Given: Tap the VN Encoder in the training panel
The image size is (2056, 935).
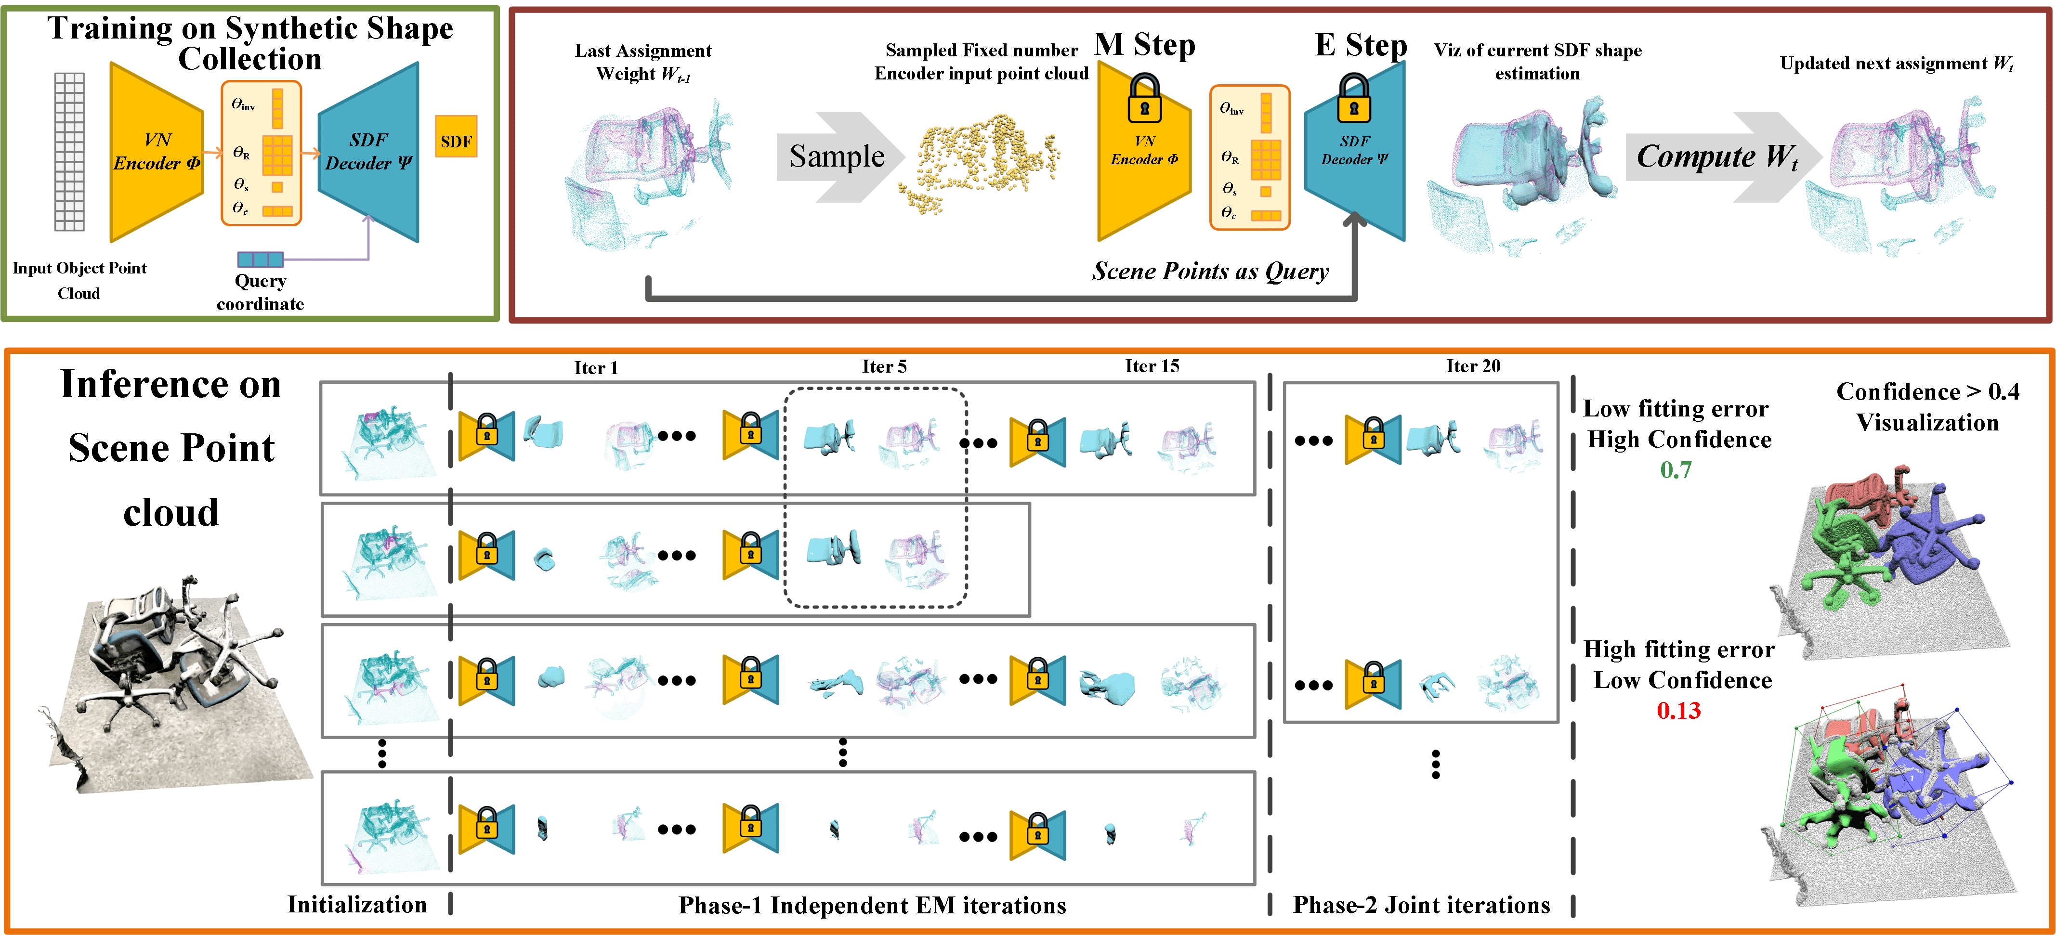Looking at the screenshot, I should point(157,152).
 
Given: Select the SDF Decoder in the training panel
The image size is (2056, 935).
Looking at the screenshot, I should point(369,152).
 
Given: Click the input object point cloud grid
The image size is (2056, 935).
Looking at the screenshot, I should point(69,152).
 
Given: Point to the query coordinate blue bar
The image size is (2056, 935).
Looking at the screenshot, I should point(260,260).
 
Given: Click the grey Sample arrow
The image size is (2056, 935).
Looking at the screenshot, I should point(837,156).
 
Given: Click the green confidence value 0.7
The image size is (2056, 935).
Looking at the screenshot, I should point(1676,470).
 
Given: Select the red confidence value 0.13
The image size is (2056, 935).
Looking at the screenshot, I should point(1678,710).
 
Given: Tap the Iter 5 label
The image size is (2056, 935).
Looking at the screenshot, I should point(884,366).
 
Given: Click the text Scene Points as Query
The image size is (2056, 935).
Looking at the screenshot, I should point(1210,271).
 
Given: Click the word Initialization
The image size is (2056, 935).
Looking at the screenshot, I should point(357,905).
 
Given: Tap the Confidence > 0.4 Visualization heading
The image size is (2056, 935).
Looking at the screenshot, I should point(1927,407).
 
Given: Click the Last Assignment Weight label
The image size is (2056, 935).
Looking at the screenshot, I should point(643,62).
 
